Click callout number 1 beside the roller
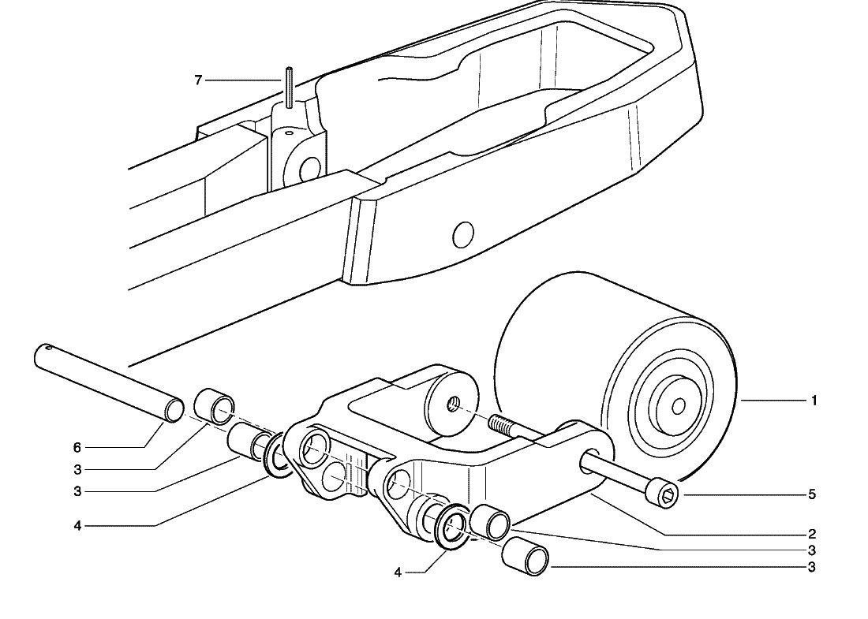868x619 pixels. click(x=814, y=401)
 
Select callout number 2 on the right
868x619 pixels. click(x=812, y=535)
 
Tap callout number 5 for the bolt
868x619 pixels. click(x=812, y=494)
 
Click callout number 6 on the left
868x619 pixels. click(x=77, y=447)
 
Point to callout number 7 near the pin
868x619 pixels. click(x=198, y=80)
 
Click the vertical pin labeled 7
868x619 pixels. click(x=290, y=87)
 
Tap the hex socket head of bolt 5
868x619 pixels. click(x=666, y=494)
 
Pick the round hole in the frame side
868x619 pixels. click(x=463, y=235)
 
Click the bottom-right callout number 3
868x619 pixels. click(x=812, y=568)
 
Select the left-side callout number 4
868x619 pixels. click(x=77, y=525)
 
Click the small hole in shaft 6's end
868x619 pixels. click(x=50, y=348)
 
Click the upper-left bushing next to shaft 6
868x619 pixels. click(x=215, y=407)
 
